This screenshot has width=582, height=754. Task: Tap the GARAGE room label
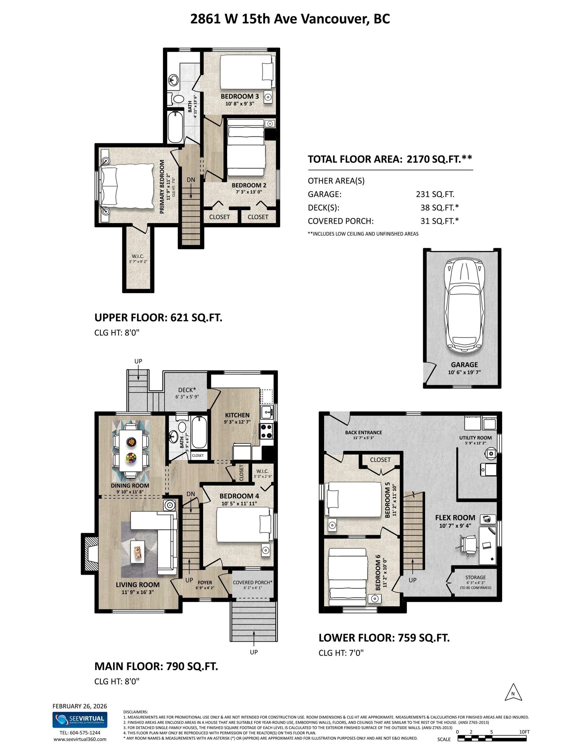[464, 365]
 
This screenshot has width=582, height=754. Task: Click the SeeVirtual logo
[80, 720]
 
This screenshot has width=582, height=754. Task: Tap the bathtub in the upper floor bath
[175, 127]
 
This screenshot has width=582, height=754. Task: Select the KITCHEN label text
[237, 415]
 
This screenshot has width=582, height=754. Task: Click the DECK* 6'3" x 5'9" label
[187, 393]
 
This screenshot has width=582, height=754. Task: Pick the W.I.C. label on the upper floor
[138, 257]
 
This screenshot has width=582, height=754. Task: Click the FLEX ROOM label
[455, 517]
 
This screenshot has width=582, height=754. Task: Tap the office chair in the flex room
[469, 545]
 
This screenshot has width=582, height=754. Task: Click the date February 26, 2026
[80, 706]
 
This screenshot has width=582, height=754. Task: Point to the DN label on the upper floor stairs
[191, 180]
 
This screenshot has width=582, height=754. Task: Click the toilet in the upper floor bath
[179, 99]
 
